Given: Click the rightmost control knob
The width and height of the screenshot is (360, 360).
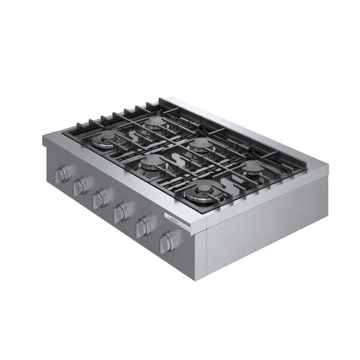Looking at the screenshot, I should (x=167, y=241).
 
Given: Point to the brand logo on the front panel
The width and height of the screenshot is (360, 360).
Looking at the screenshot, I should (x=168, y=220).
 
